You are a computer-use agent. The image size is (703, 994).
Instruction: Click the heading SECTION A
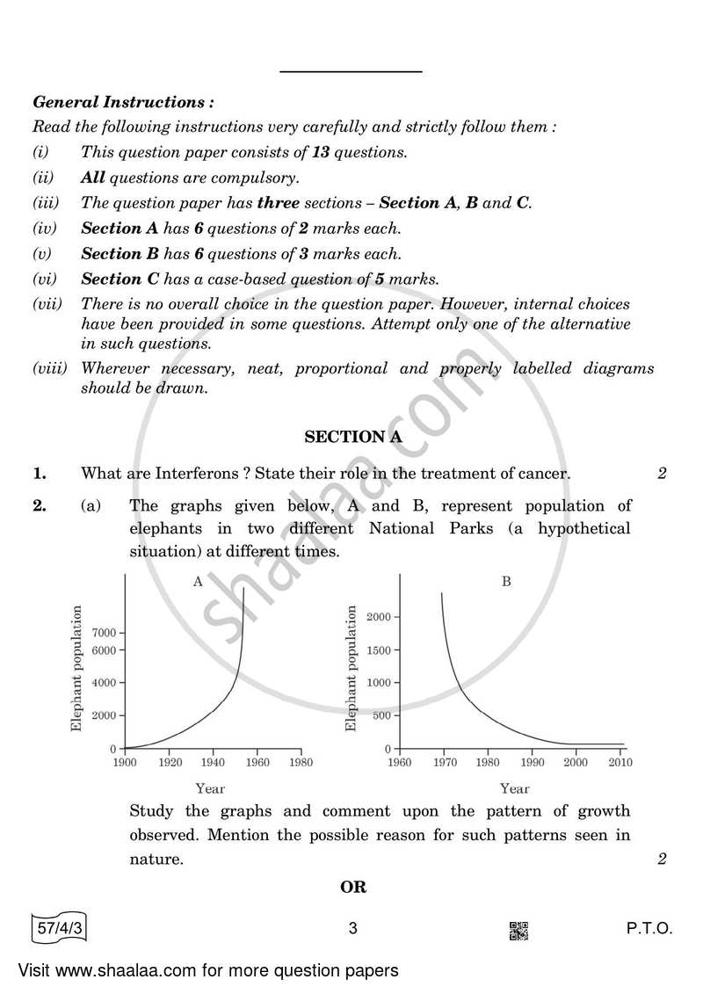[x=345, y=437]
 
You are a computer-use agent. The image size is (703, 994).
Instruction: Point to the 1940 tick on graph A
[x=214, y=762]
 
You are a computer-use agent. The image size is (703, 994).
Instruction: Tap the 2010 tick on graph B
[x=620, y=762]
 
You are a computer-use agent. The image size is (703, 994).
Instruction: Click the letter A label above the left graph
[x=198, y=582]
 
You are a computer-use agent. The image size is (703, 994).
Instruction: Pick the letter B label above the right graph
[x=506, y=582]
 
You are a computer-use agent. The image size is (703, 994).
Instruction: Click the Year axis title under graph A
[x=210, y=788]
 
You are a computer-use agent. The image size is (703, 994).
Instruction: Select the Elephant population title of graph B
[x=351, y=668]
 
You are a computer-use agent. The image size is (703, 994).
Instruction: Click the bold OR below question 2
[x=353, y=887]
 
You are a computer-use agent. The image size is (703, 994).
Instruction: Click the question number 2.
[x=40, y=505]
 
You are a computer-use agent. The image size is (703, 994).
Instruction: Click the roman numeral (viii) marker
[x=49, y=369]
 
